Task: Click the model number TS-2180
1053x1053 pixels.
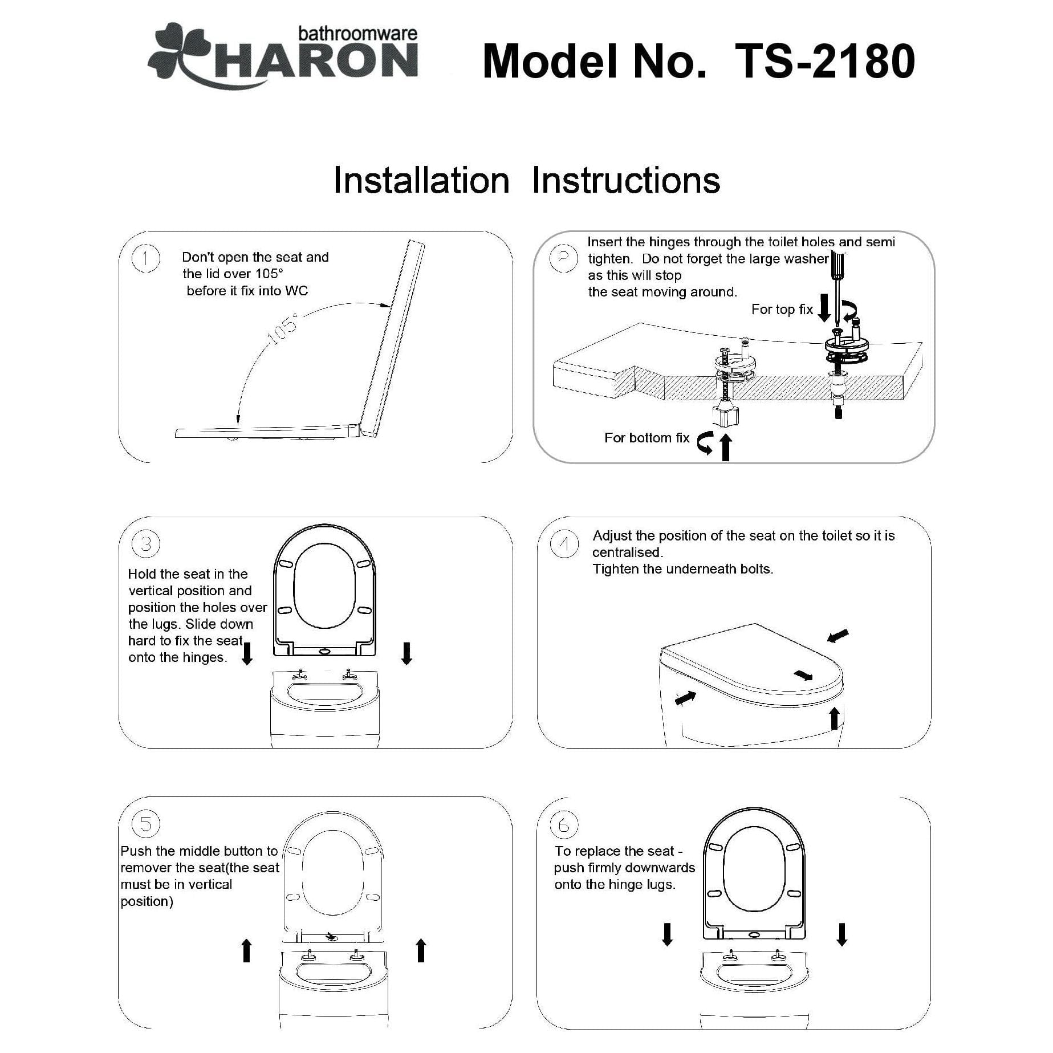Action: click(824, 62)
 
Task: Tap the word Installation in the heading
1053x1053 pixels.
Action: click(421, 181)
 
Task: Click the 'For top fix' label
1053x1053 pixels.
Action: click(782, 310)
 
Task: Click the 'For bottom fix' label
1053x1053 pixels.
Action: click(647, 438)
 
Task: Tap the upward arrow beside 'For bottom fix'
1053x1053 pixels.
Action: click(725, 447)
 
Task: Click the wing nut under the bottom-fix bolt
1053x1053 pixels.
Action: click(725, 416)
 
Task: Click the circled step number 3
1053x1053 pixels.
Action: click(145, 544)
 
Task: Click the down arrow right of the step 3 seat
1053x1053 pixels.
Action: click(406, 653)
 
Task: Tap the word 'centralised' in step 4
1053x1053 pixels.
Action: click(627, 552)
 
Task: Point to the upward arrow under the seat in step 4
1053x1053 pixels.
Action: click(834, 718)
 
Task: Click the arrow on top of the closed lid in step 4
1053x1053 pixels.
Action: click(803, 676)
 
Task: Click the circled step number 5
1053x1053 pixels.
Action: click(145, 824)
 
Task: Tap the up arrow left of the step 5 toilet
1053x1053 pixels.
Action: click(246, 950)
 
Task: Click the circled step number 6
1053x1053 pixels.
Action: click(564, 824)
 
